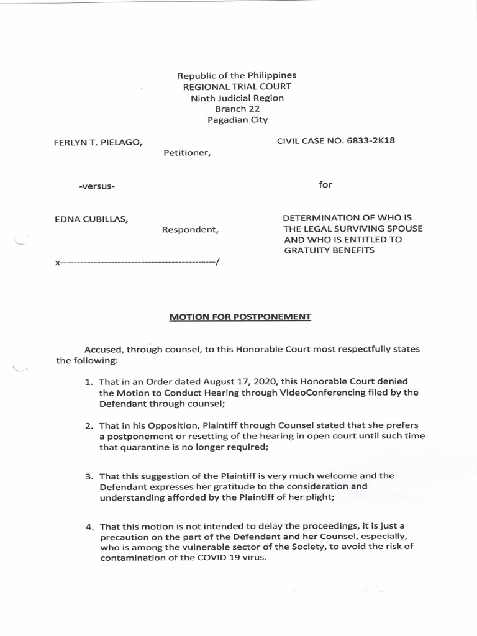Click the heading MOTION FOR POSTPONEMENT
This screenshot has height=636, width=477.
pos(240,317)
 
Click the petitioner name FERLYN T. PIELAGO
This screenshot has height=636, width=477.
pos(99,143)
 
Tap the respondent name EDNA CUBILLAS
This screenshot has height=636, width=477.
pos(92,219)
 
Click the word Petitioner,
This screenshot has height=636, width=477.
pos(187,153)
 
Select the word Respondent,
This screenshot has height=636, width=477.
pos(190,230)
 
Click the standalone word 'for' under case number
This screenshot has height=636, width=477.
pos(325,185)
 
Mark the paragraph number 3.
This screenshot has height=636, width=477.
pos(88,476)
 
